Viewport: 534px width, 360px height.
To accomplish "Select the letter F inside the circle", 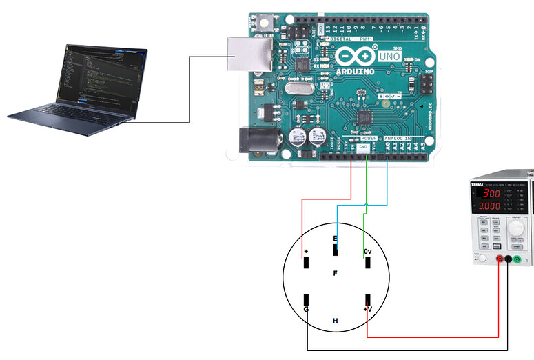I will pos(336,274).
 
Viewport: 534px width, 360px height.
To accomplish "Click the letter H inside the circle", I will pos(336,321).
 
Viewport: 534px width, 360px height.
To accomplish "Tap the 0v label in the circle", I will pos(368,252).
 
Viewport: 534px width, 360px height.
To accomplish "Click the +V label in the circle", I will pos(367,310).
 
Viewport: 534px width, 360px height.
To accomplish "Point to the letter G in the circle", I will pos(305,310).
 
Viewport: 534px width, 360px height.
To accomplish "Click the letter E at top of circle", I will pos(336,239).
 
